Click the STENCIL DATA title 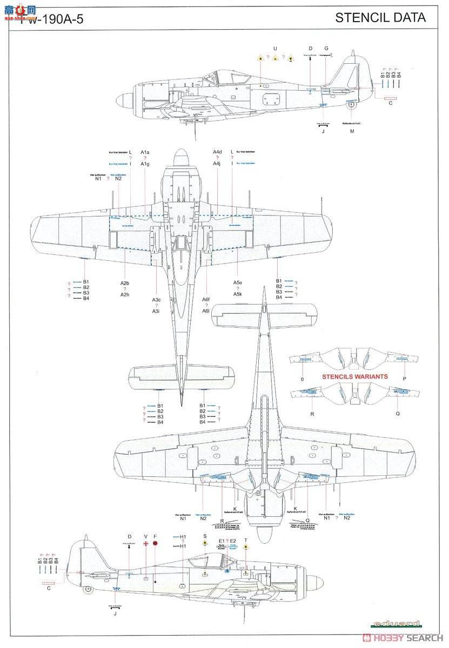tap(380, 17)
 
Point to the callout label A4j tap(217, 164)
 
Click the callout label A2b tap(125, 283)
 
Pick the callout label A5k tap(238, 294)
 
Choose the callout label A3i tap(156, 311)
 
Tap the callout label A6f tap(206, 300)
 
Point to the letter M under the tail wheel tap(352, 131)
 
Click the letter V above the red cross tap(145, 536)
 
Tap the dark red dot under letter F tap(155, 544)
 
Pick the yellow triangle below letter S tap(205, 545)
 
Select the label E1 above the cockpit tap(222, 541)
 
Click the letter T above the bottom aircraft tap(246, 540)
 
